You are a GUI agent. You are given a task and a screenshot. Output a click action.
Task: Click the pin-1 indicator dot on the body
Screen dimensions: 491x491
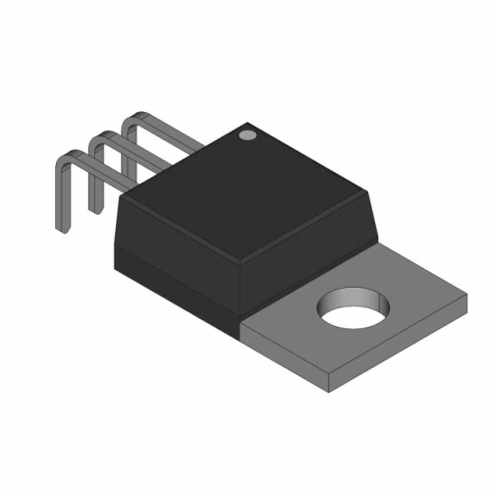(x=248, y=132)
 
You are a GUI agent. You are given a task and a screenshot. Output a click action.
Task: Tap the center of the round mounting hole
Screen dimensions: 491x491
(x=350, y=307)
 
